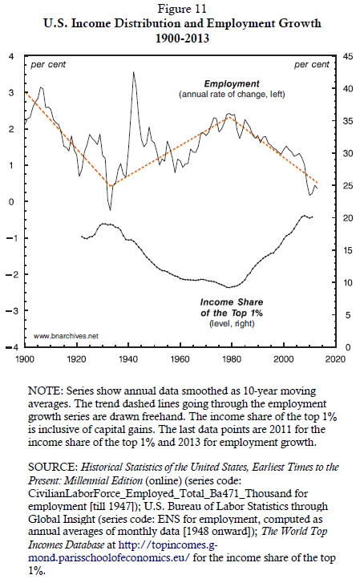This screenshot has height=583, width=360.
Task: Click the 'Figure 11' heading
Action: [x=182, y=8]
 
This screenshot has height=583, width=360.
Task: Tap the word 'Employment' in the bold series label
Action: [x=232, y=84]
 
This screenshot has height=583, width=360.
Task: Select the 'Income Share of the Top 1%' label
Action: [x=232, y=307]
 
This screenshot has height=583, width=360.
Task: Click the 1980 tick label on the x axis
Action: [x=232, y=359]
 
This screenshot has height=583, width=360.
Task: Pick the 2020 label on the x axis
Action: [x=335, y=359]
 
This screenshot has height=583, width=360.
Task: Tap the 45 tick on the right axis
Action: [x=348, y=56]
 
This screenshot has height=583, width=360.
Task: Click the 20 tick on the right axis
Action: [x=348, y=218]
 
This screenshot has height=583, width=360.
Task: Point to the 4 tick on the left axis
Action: [x=11, y=56]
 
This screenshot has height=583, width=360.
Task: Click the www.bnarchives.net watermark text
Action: [x=66, y=336]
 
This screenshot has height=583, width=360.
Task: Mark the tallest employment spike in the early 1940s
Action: [x=134, y=72]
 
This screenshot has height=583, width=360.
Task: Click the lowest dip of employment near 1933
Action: [x=110, y=210]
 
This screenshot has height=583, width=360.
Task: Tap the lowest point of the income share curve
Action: [x=229, y=287]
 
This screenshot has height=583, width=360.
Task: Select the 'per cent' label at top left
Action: [x=48, y=65]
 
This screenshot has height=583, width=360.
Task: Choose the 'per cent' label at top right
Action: [x=312, y=65]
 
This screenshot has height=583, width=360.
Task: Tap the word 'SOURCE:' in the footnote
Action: [x=53, y=467]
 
